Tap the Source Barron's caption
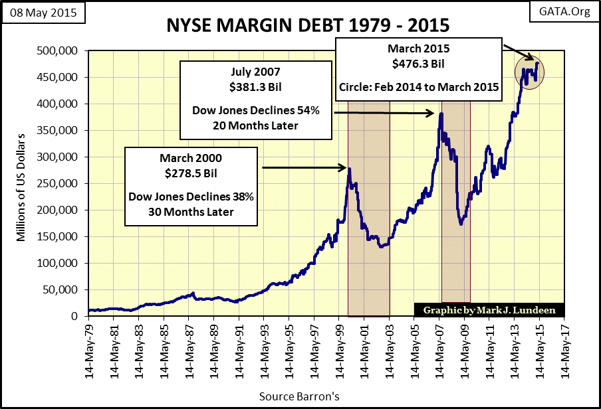[300, 397]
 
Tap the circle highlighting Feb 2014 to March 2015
[531, 68]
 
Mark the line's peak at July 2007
[440, 114]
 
